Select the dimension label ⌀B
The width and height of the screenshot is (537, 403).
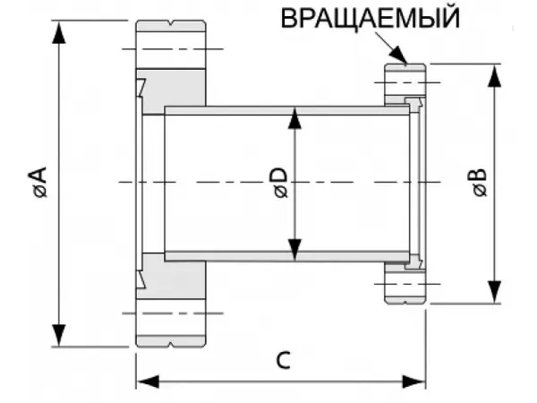point(479,183)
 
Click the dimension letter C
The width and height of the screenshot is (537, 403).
point(281,361)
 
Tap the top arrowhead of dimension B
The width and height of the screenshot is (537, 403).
point(493,73)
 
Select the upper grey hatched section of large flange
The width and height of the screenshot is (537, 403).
point(175,90)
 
